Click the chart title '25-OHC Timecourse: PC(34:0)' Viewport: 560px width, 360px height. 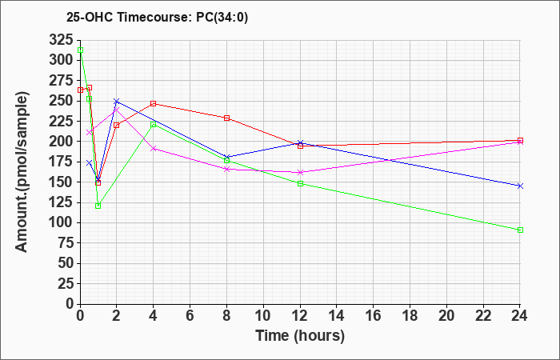(x=157, y=18)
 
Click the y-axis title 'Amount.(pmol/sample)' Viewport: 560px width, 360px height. (x=22, y=172)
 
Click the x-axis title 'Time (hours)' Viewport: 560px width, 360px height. (x=300, y=336)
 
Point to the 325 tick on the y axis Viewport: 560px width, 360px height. (x=61, y=39)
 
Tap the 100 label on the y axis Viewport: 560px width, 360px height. (x=61, y=223)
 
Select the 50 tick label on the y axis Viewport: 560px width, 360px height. (x=66, y=263)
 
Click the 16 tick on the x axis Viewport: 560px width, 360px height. (x=374, y=315)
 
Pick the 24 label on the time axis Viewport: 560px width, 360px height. (x=520, y=315)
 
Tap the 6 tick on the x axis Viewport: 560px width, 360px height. (x=190, y=315)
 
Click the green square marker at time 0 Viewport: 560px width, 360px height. (x=80, y=50)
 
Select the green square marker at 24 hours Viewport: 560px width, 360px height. (x=520, y=230)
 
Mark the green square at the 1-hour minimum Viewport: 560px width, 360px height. (x=98, y=206)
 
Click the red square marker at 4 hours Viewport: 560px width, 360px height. (x=154, y=103)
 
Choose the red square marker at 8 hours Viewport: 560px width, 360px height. (x=226, y=118)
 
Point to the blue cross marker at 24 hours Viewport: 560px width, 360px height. (x=520, y=186)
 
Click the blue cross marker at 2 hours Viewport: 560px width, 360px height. (x=117, y=101)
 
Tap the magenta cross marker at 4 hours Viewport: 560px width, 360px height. (x=154, y=149)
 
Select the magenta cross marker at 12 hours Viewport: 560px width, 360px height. (x=300, y=172)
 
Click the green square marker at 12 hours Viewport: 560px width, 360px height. (x=300, y=183)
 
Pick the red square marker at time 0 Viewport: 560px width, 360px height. (x=80, y=90)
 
